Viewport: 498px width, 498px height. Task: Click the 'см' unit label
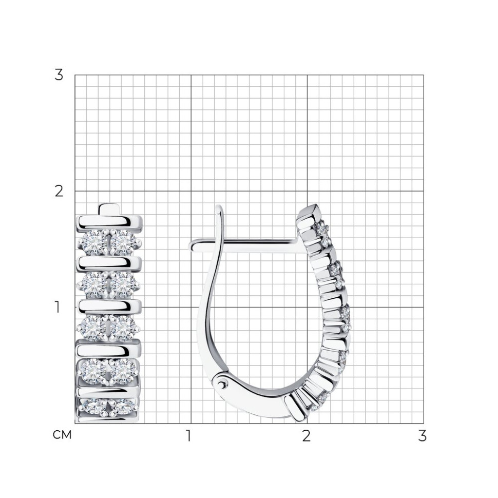tap(62, 435)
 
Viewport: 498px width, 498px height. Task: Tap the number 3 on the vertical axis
tap(59, 75)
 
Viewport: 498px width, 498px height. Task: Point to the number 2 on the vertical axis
tap(59, 191)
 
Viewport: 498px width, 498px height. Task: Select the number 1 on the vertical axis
tap(57, 307)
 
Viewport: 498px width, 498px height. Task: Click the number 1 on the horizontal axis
tap(188, 436)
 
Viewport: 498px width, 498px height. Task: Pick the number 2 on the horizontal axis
tap(306, 436)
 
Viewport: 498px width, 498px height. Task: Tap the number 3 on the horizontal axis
tap(422, 436)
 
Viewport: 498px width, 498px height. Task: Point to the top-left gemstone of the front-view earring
tap(93, 243)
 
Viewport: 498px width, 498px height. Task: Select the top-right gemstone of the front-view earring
tap(124, 243)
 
